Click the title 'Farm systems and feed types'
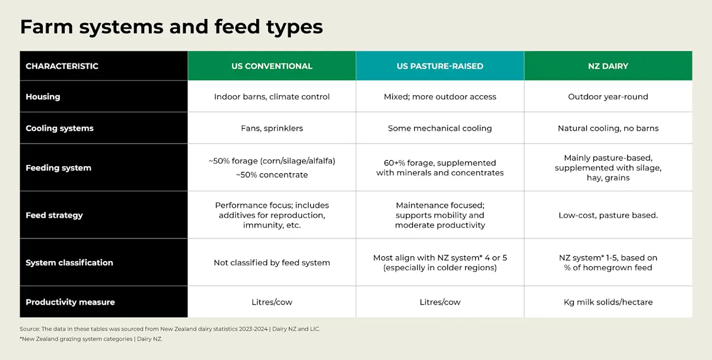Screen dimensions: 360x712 pyautogui.click(x=171, y=27)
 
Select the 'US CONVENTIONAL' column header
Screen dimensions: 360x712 pyautogui.click(x=272, y=66)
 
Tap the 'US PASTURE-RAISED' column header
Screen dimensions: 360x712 pyautogui.click(x=440, y=66)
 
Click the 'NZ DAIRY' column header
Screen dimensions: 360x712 pyautogui.click(x=608, y=66)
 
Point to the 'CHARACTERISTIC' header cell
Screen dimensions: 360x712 pyautogui.click(x=62, y=66)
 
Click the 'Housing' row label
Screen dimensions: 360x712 pyautogui.click(x=43, y=97)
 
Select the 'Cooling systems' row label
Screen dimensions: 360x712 pyautogui.click(x=59, y=128)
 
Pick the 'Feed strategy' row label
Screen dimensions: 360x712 pyautogui.click(x=54, y=215)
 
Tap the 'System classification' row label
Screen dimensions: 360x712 pyautogui.click(x=69, y=263)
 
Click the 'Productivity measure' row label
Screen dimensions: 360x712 pyautogui.click(x=70, y=302)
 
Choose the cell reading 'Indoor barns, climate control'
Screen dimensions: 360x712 pyautogui.click(x=272, y=97)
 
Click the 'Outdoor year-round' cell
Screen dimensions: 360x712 pyautogui.click(x=608, y=97)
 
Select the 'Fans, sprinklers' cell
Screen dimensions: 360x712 pyautogui.click(x=272, y=128)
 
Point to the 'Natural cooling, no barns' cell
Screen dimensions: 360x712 pyautogui.click(x=608, y=128)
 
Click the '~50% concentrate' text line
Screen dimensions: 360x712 pyautogui.click(x=272, y=175)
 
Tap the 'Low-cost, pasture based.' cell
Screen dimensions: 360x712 pyautogui.click(x=608, y=215)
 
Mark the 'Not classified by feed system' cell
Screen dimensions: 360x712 pyautogui.click(x=272, y=263)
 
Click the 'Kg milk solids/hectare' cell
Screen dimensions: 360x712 pyautogui.click(x=608, y=302)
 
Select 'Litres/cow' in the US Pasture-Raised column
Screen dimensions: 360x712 pyautogui.click(x=440, y=302)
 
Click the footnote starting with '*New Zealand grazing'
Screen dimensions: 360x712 pyautogui.click(x=91, y=339)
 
